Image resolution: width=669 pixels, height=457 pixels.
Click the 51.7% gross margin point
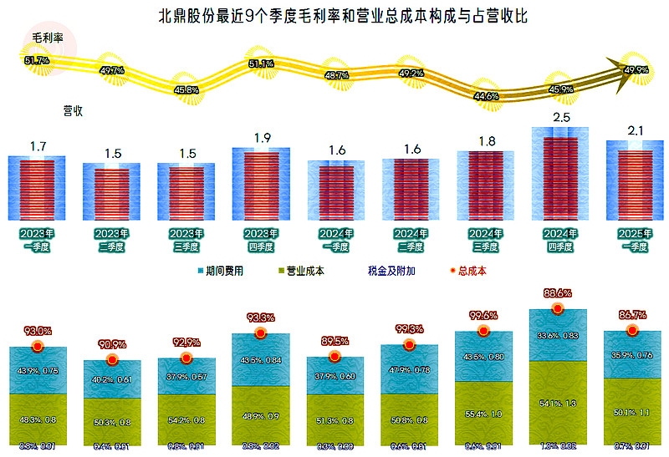pyautogui.click(x=38, y=60)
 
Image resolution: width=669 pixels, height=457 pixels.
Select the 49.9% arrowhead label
pyautogui.click(x=636, y=70)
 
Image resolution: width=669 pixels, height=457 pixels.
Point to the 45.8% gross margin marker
pyautogui.click(x=186, y=89)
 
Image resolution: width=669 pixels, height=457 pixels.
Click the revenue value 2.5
pyautogui.click(x=560, y=118)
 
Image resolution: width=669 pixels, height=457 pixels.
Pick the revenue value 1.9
pyautogui.click(x=261, y=138)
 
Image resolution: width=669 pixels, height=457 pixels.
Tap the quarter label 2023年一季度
pyautogui.click(x=37, y=240)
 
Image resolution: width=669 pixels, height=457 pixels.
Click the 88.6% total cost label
pyautogui.click(x=558, y=293)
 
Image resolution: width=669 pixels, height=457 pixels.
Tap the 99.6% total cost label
pyautogui.click(x=483, y=316)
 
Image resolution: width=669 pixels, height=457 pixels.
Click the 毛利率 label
pyautogui.click(x=49, y=38)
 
